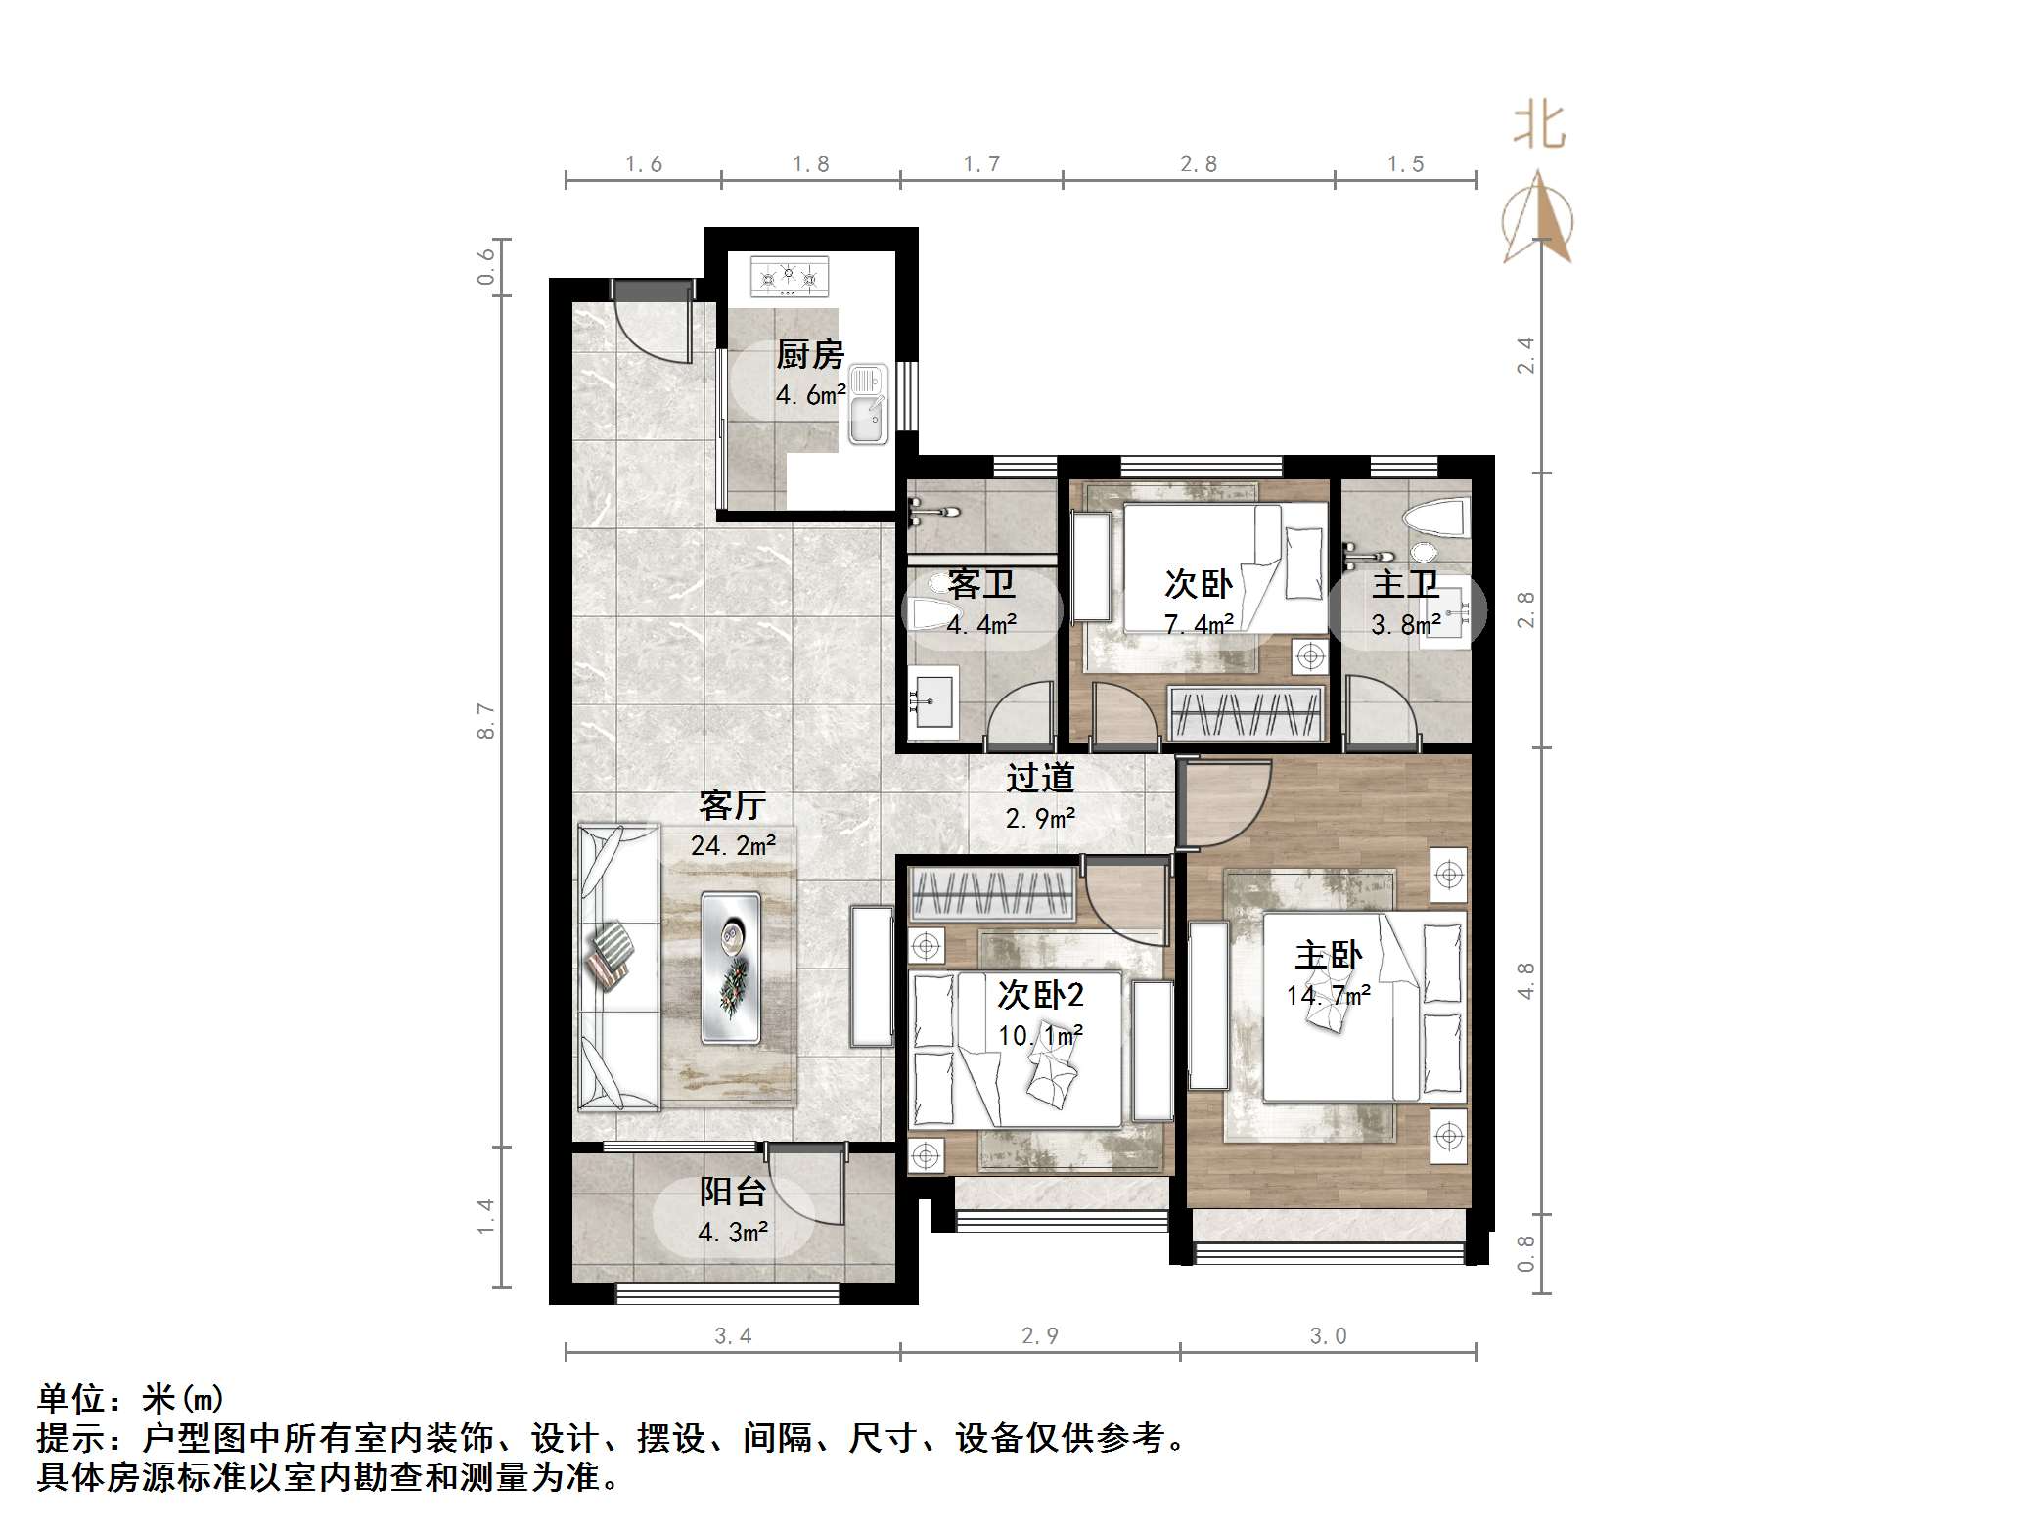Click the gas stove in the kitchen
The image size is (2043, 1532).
click(789, 277)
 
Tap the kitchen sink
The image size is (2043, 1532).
click(867, 405)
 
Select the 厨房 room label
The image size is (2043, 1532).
click(809, 354)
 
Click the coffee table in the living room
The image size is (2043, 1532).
click(730, 967)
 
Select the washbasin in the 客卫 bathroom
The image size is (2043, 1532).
click(932, 700)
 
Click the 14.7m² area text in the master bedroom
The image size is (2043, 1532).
click(1328, 996)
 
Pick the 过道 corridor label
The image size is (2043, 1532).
click(1040, 778)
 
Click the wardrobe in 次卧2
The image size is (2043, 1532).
click(991, 893)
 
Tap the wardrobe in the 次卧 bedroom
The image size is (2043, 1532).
click(1247, 713)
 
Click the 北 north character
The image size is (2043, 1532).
click(1538, 127)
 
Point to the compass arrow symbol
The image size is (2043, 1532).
click(1539, 220)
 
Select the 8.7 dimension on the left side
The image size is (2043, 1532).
click(486, 721)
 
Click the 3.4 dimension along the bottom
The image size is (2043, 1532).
click(732, 1335)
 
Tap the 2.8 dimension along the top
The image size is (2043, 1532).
click(1198, 164)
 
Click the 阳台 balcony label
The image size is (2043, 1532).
click(732, 1192)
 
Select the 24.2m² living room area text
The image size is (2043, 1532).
click(733, 845)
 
